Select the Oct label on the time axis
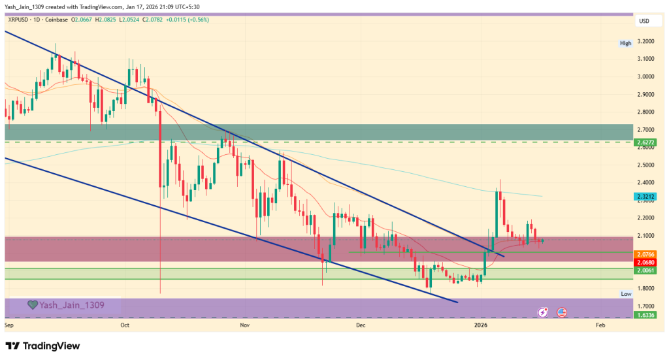125,324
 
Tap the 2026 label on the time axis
481,324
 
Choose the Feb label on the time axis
600,324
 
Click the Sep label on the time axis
9,324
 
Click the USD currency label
644,22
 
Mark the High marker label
626,43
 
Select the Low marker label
626,295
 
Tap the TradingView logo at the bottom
42,346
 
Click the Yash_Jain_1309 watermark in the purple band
71,304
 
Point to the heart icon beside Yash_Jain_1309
31,304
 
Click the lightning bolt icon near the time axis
543,312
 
